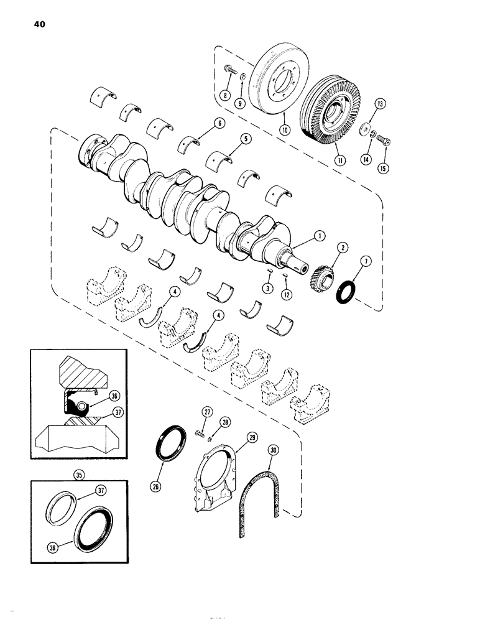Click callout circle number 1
click(319, 236)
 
